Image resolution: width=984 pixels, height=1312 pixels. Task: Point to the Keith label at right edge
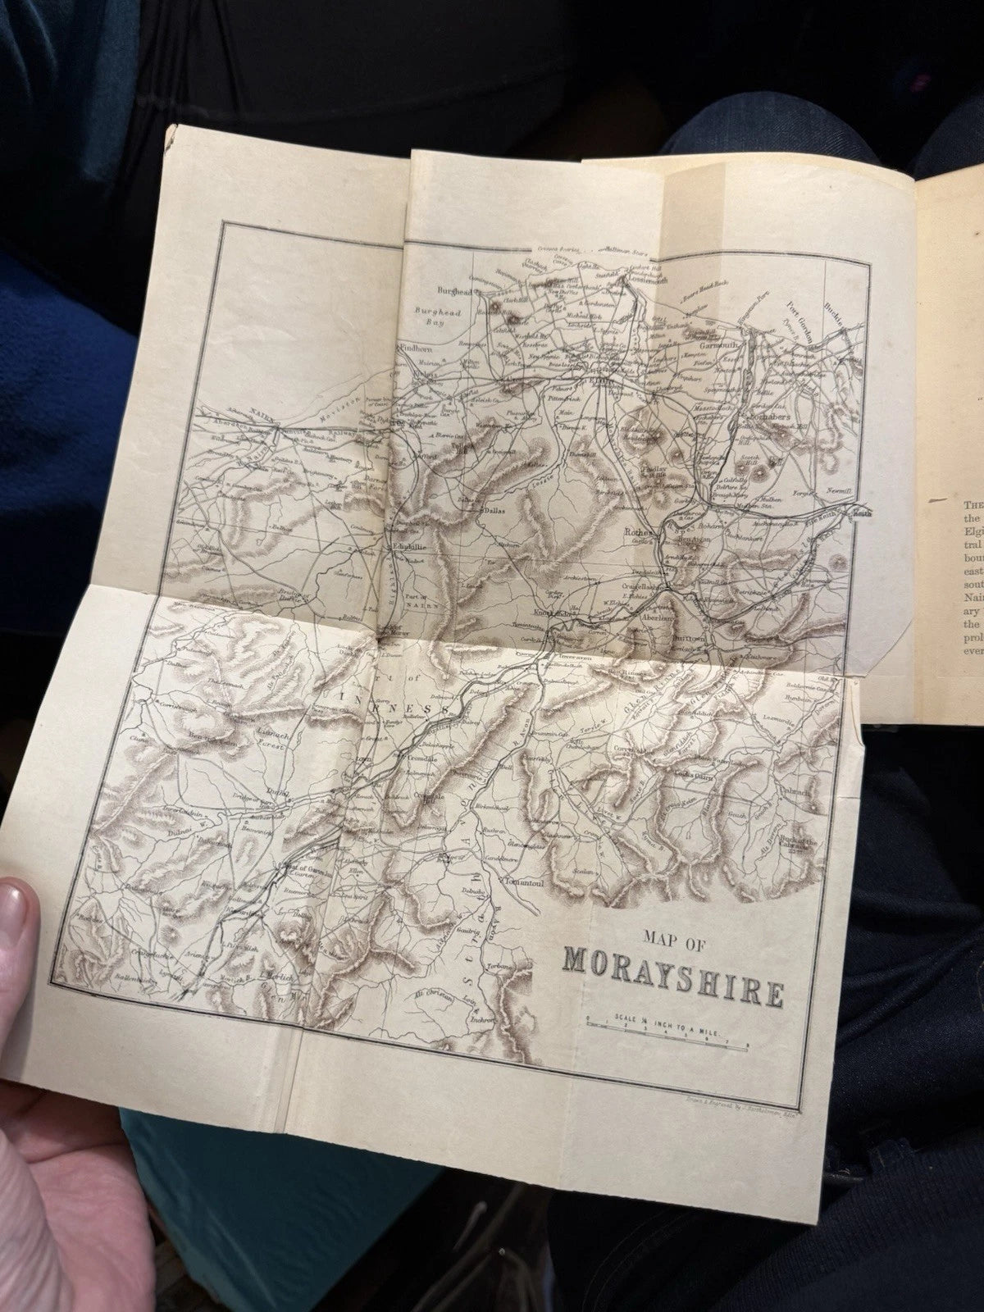860,514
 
